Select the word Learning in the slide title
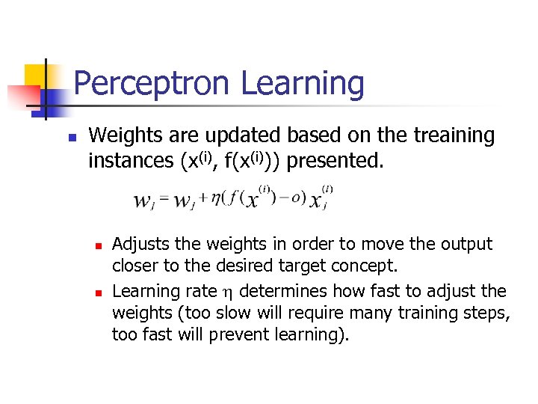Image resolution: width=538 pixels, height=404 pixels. (303, 84)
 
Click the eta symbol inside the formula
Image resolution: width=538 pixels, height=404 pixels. (217, 198)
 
